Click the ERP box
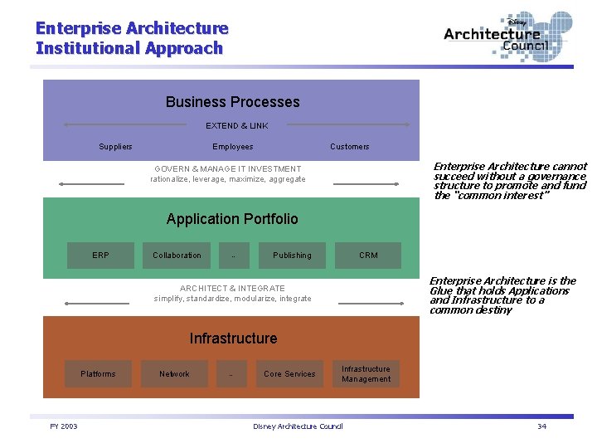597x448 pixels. pos(100,256)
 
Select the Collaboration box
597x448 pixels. pos(177,256)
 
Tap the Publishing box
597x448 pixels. pos(292,256)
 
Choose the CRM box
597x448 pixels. pos(368,256)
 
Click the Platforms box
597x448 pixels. pos(98,374)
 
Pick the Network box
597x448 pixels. pos(174,374)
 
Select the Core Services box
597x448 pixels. pos(289,374)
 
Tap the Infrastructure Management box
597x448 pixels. pos(366,374)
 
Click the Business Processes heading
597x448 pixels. pos(232,102)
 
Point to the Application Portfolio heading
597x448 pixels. pos(232,219)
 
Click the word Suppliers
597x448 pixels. pos(115,147)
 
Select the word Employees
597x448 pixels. pos(233,147)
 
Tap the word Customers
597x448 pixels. pos(350,147)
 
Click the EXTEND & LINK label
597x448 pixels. pos(237,126)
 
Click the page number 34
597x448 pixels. pos(541,426)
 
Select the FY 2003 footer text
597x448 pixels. pos(64,426)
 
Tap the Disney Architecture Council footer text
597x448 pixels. pos(298,426)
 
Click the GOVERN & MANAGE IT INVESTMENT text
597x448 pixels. pos(228,168)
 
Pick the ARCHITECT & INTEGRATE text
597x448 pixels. pos(232,289)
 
